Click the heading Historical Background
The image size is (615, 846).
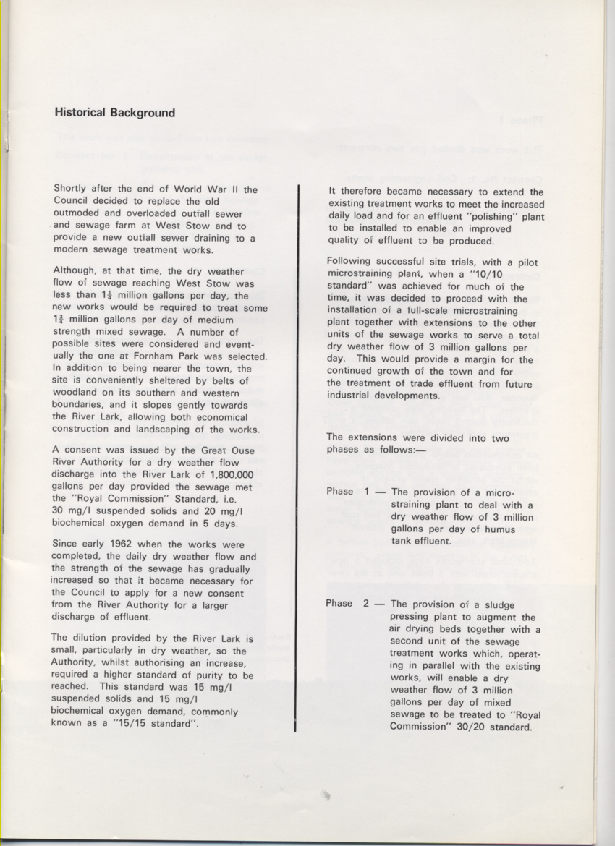tap(114, 113)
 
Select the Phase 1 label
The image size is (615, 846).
tap(349, 492)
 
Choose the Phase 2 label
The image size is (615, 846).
tap(349, 604)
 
